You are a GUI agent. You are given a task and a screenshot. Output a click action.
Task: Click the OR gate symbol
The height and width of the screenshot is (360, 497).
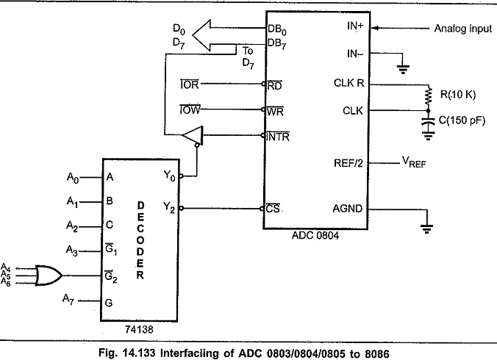[49, 276]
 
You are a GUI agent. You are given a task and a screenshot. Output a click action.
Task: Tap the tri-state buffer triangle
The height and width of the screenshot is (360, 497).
[193, 135]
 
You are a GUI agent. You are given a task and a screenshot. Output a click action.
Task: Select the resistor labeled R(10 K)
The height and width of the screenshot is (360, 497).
[428, 95]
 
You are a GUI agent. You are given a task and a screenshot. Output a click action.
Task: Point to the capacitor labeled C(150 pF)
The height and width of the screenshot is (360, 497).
[428, 121]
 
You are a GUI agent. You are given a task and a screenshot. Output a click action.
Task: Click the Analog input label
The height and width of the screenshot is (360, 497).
[463, 29]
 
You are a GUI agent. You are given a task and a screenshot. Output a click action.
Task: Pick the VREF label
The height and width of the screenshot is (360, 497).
[414, 162]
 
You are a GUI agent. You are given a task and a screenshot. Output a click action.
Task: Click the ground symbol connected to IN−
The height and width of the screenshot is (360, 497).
[403, 69]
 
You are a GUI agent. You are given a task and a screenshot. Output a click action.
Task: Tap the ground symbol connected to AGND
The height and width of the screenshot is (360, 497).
[426, 228]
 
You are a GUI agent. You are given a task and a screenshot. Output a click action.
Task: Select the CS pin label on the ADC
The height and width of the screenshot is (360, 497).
[273, 209]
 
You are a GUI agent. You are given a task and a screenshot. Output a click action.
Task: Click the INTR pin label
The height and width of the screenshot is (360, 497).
[278, 137]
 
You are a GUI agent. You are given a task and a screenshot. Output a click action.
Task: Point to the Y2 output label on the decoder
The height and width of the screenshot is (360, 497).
[169, 208]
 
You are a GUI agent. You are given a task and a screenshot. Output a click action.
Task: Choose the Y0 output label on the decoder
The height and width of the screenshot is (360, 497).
[169, 176]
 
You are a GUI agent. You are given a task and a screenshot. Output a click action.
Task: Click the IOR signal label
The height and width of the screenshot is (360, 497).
[190, 84]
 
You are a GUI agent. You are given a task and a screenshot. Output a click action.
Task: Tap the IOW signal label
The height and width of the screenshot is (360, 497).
[190, 109]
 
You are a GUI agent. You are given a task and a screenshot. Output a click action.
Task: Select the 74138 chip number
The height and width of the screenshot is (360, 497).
[139, 330]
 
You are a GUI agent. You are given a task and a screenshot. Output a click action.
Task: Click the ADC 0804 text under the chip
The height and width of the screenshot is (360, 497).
[315, 236]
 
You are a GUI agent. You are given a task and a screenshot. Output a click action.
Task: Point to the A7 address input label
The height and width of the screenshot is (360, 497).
[68, 299]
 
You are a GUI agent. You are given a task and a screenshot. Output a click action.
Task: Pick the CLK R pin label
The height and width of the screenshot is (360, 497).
[349, 83]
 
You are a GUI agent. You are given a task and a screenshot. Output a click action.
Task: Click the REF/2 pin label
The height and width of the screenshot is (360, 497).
[348, 163]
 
